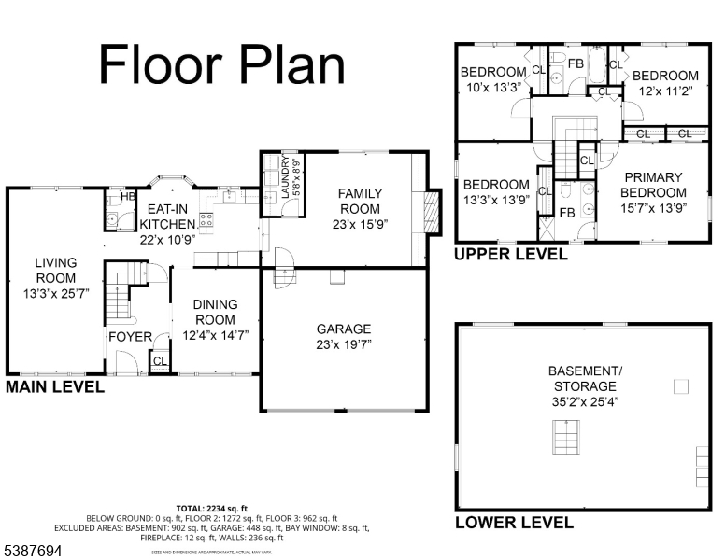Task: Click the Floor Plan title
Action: coord(221,64)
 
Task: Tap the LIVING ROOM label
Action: coord(56,271)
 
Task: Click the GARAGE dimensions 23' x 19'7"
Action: coord(343,344)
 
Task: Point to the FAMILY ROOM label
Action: coord(360,201)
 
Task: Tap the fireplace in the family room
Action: coord(431,211)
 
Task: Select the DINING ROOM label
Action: coord(215,312)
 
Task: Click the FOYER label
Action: coord(130,336)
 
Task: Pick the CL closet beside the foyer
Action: coord(159,361)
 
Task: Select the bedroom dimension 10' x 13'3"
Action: coord(493,88)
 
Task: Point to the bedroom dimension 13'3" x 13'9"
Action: coord(495,199)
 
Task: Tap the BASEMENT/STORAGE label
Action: coord(585,378)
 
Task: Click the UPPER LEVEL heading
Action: coord(510,254)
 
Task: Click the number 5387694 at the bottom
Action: coord(34,551)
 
